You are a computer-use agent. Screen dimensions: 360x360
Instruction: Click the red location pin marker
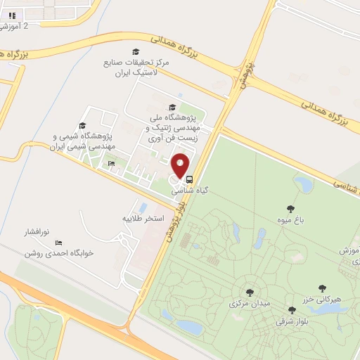click(x=181, y=165)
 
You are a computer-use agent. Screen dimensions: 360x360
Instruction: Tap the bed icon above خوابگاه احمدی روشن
click(x=58, y=243)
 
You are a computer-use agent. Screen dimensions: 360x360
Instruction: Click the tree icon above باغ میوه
click(x=290, y=207)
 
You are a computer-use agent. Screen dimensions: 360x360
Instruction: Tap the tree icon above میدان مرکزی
click(x=249, y=292)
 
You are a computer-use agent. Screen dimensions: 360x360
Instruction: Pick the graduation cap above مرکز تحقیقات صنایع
click(x=135, y=51)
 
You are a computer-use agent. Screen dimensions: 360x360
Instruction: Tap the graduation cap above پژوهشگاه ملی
click(x=172, y=107)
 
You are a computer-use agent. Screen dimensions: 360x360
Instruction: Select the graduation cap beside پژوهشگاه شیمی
click(x=82, y=126)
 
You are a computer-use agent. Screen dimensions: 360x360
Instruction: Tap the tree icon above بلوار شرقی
click(x=292, y=310)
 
